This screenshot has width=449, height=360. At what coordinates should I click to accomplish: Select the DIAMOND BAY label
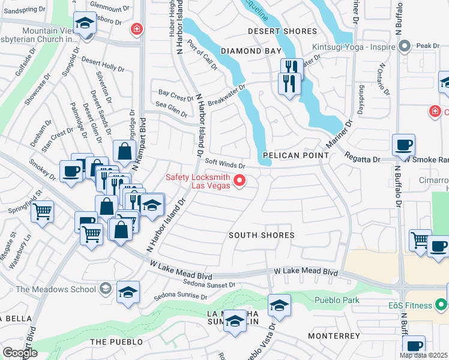pos(251,52)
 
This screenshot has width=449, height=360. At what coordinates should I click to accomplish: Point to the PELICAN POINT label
pos(295,155)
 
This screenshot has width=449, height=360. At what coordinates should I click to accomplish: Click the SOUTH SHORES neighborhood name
pos(262,235)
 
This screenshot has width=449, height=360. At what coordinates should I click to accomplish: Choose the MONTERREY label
pos(333,336)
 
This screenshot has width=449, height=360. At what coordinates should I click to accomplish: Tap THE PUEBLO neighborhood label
pos(116,342)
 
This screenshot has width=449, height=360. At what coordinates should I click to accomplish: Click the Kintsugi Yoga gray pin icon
pos(405,46)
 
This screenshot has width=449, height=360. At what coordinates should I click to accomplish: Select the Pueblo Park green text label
pos(336,299)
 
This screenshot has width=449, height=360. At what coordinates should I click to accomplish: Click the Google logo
pos(20,353)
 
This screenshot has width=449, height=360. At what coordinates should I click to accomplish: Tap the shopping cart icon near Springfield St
pos(42,211)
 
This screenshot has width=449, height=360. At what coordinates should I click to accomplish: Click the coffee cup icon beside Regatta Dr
pos(403,145)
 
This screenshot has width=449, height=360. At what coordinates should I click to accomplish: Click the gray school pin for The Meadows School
pos(106,289)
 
